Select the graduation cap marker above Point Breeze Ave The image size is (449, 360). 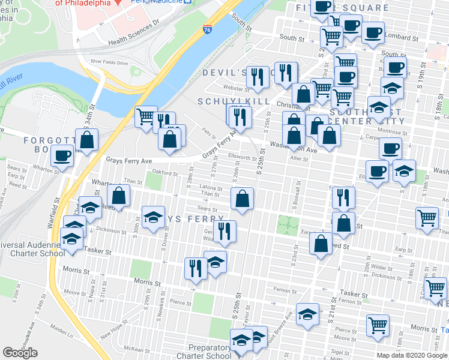307,314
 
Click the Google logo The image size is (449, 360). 20,353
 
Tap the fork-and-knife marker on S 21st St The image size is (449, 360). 343,197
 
